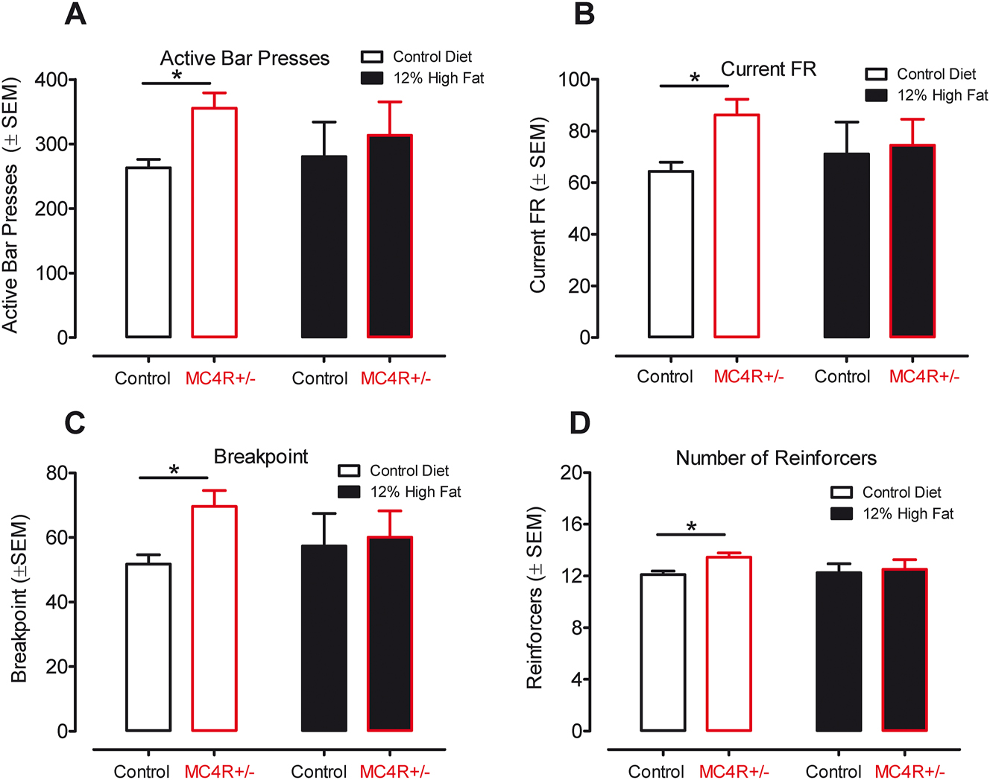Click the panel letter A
coord(75,14)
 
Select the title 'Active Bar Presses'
coord(245,59)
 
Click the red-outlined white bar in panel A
coord(215,223)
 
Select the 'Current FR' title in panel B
coord(768,69)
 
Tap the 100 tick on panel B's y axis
coord(574,80)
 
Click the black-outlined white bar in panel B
coord(671,254)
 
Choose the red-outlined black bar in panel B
coord(912,241)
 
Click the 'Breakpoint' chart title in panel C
coord(261,457)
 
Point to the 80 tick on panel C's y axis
coord(56,473)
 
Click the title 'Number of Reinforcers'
coord(776,458)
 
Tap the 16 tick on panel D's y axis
coord(571,524)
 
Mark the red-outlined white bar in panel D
coord(728,644)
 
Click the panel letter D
coord(579,423)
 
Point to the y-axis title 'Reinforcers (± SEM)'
coord(535,598)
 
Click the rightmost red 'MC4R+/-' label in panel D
coord(909,772)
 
